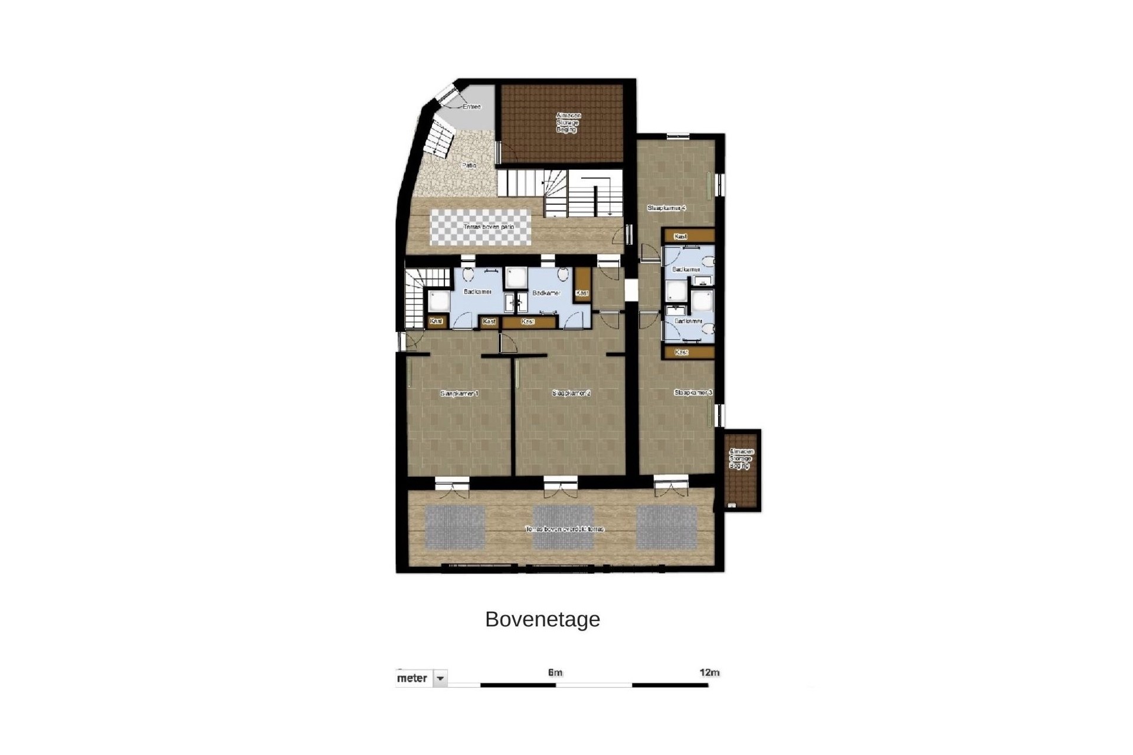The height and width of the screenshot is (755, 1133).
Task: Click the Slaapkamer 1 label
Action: coord(459,393)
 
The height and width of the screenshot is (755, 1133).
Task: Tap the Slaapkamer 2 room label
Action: coord(571,393)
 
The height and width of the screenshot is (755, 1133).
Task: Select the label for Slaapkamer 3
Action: coord(693,393)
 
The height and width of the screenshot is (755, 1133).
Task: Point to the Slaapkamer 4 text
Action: coord(666,208)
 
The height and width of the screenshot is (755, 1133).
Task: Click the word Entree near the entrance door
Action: coord(471,107)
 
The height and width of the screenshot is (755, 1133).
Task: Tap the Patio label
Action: coord(469,166)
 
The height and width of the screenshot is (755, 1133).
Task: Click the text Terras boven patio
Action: coord(489,227)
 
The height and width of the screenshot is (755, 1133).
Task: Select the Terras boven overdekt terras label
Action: coord(565,530)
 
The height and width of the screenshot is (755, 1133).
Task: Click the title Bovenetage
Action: coord(542,619)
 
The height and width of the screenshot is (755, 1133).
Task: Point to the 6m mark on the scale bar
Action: coord(555,672)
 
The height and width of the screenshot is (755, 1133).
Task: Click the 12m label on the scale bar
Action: coord(709,672)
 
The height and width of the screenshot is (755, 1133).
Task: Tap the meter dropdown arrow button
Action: coord(440,679)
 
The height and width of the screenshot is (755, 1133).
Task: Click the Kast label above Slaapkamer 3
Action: coord(682,352)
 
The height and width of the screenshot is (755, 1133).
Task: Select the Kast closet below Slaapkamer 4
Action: coord(680,237)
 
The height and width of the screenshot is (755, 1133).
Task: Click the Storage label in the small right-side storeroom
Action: coord(741,459)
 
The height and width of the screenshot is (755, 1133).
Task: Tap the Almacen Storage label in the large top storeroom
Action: coord(568,122)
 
